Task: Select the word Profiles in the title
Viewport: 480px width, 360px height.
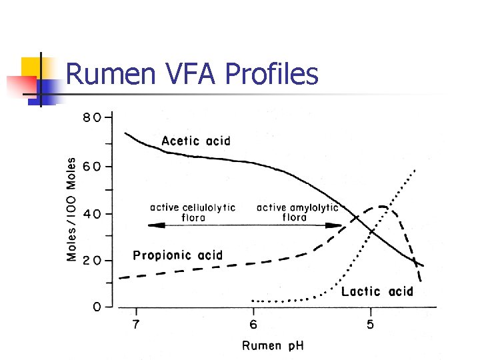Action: [272, 75]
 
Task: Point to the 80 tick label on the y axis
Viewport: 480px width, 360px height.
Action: [92, 118]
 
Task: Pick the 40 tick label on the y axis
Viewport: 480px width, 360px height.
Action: [92, 214]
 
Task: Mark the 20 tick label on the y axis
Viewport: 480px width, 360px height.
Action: [92, 261]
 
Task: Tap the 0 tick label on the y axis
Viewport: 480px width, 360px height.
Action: [97, 307]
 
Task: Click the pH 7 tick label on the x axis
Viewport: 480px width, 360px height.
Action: [137, 325]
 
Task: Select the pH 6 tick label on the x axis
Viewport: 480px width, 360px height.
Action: [253, 325]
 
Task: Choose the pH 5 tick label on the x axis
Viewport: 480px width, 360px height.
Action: [371, 325]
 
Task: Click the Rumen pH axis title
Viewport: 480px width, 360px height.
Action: [272, 345]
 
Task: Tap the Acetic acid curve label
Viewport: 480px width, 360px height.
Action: [196, 141]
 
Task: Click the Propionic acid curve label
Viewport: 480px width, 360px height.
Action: [178, 255]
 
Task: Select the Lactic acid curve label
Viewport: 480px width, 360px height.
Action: [377, 291]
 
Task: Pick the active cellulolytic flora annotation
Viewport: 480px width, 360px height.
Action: [193, 212]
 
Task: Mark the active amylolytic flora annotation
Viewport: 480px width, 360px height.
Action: [297, 212]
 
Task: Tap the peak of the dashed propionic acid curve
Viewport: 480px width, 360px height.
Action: [382, 207]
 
